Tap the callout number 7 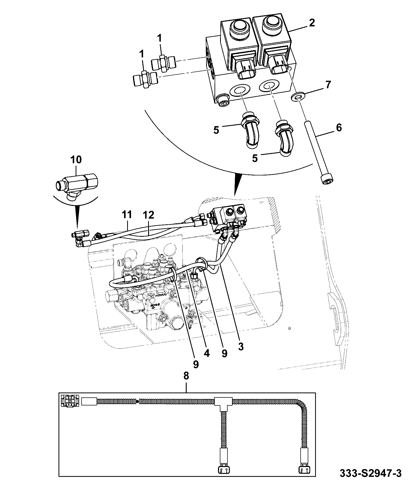[x=328, y=85]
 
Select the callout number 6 [x=339, y=128]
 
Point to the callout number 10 [x=76, y=159]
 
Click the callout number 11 [x=127, y=215]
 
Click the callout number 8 [x=186, y=376]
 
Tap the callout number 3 [x=241, y=346]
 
